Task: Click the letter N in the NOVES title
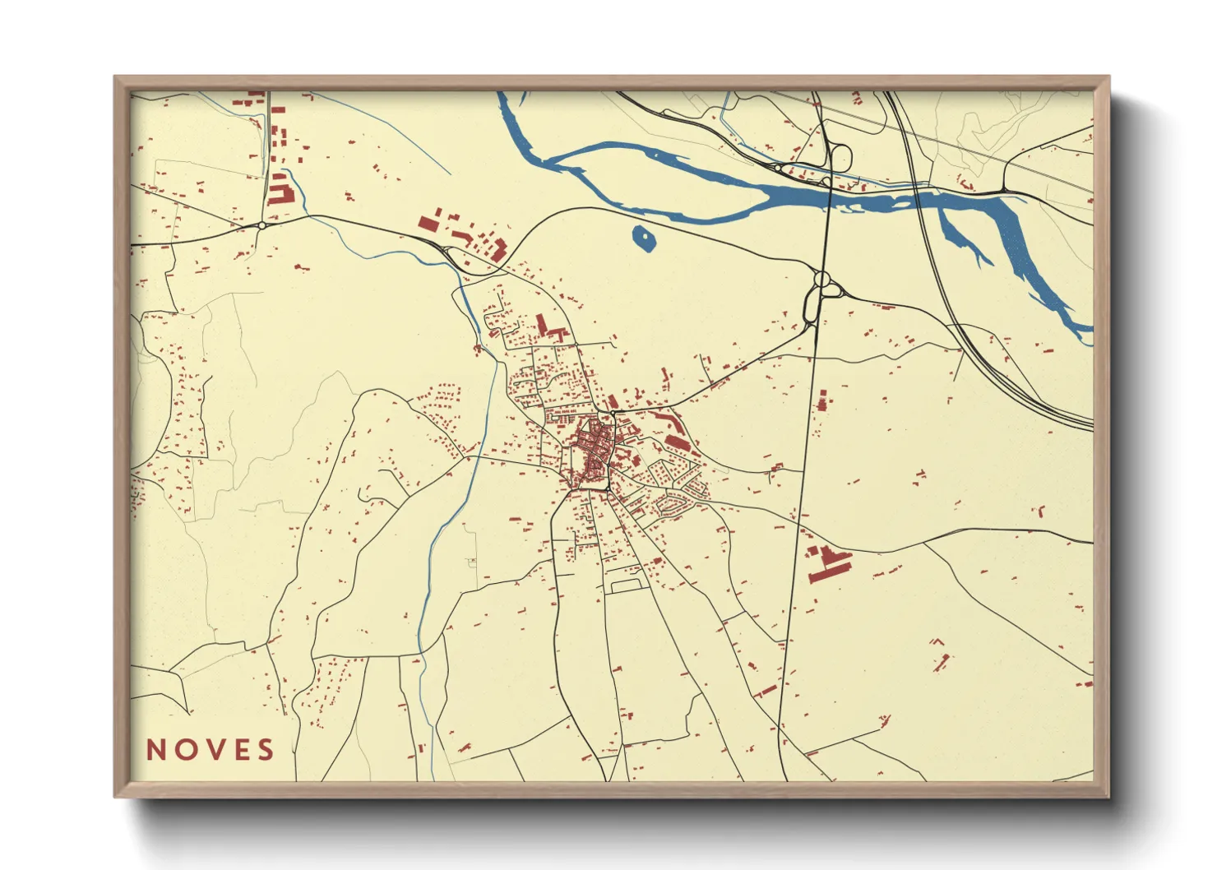point(156,750)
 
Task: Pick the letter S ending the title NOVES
point(265,750)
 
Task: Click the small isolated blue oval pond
point(643,239)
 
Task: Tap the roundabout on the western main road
point(261,224)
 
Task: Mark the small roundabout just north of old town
point(613,412)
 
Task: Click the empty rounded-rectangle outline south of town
point(626,585)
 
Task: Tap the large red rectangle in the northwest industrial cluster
point(428,223)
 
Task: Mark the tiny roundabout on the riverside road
point(777,168)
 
